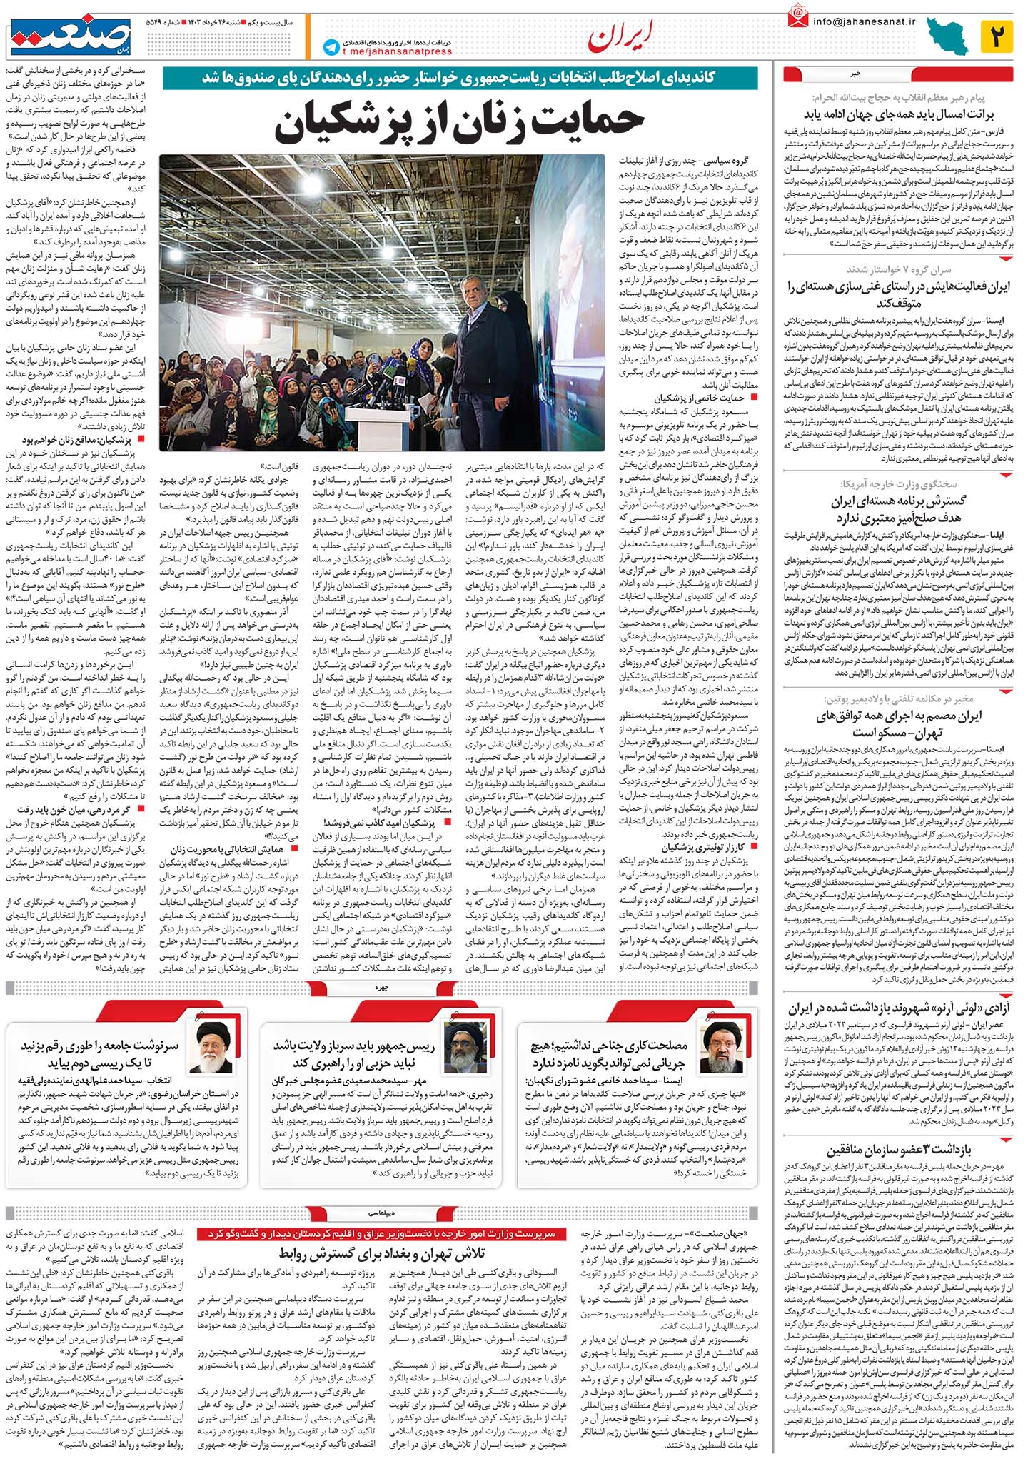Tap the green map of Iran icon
click(948, 37)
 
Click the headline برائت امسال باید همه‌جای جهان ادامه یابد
click(898, 114)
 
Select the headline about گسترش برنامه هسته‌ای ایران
click(898, 508)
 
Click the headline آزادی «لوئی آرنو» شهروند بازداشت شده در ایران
click(898, 1008)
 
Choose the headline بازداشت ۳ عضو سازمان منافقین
click(898, 1150)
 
